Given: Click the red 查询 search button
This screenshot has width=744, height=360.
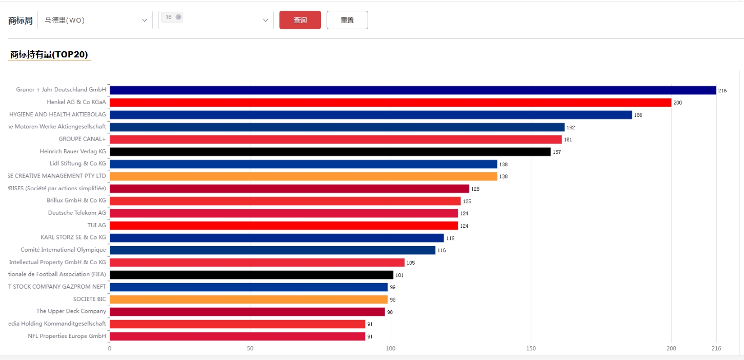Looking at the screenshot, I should (300, 20).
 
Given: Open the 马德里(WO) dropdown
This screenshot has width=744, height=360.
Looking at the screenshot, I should (95, 20).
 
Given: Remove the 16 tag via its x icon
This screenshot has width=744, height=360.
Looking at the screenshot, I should (178, 17).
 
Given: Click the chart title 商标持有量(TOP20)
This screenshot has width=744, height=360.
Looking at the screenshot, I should (49, 54).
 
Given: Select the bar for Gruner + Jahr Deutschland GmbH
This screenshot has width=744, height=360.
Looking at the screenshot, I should (413, 90).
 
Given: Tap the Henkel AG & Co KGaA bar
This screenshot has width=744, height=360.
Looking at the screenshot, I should (390, 103).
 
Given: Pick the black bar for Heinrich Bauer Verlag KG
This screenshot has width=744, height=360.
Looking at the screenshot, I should (330, 152).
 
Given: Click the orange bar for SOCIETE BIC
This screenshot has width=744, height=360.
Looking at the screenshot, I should (249, 299).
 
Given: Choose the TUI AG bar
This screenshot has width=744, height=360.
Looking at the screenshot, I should (284, 226).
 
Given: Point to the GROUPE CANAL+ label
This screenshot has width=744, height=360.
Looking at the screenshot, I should (82, 139).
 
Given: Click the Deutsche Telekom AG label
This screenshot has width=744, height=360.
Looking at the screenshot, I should (77, 213).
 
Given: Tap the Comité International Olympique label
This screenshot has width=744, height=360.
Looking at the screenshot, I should (63, 250).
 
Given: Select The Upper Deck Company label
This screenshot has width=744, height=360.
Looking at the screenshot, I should (71, 311).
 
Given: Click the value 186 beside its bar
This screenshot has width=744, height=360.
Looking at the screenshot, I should (638, 115).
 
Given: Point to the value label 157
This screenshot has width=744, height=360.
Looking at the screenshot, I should (557, 152).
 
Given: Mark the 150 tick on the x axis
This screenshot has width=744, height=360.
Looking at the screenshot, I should (531, 349).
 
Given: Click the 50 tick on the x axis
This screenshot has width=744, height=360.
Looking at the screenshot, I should (250, 349).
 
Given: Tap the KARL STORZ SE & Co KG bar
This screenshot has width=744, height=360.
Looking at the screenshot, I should (276, 238).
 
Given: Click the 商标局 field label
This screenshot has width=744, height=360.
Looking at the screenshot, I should (21, 21).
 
